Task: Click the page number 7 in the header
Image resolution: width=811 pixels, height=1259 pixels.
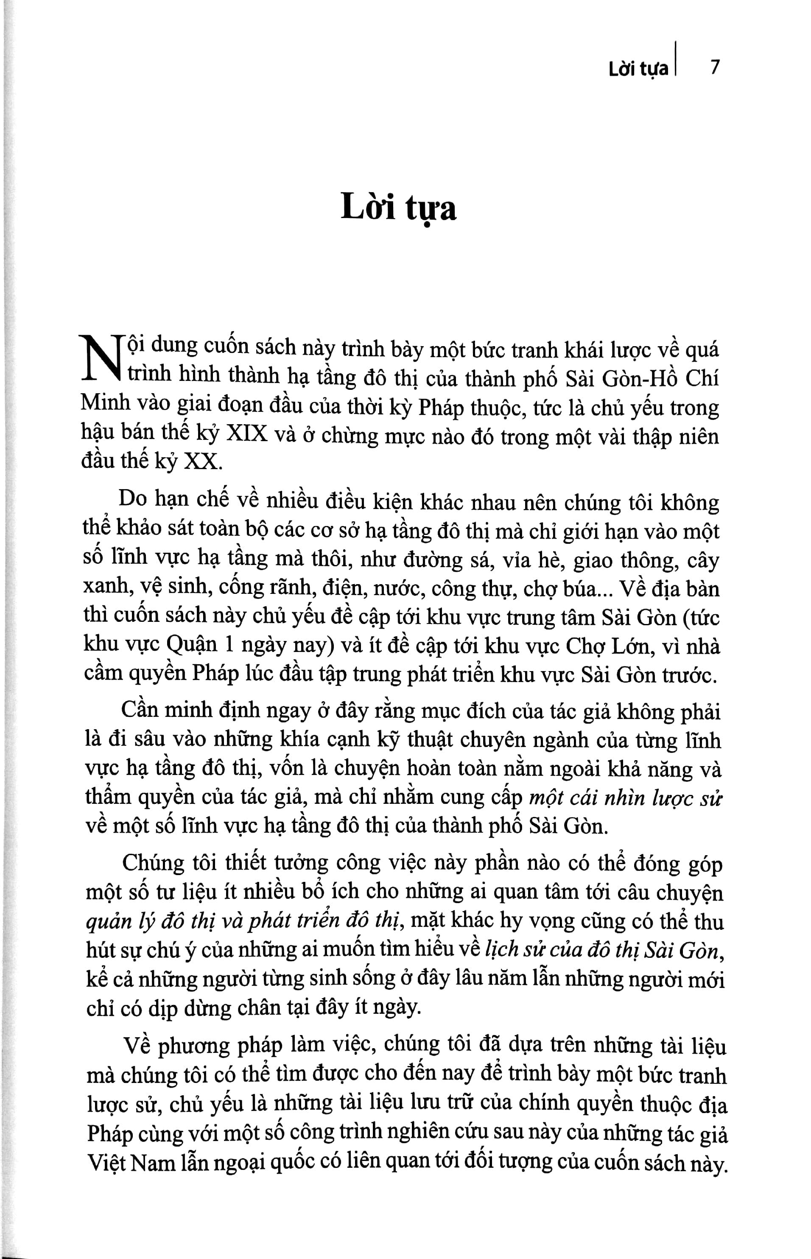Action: point(714,68)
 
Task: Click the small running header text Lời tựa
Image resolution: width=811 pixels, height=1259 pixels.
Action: point(638,69)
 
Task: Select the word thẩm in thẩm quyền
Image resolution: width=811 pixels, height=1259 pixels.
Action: point(108,798)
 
